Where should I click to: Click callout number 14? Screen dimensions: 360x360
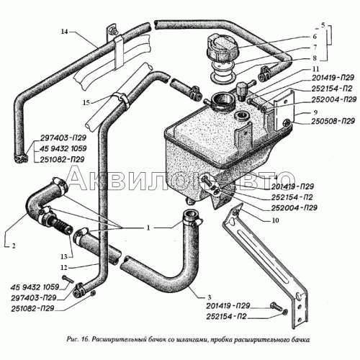pyautogui.click(x=64, y=32)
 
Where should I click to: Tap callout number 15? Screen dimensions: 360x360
pyautogui.click(x=86, y=103)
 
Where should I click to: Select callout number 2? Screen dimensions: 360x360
pyautogui.click(x=14, y=246)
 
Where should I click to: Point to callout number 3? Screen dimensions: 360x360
pyautogui.click(x=210, y=297)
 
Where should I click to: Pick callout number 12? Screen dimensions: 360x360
pyautogui.click(x=64, y=267)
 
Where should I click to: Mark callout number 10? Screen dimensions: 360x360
pyautogui.click(x=275, y=220)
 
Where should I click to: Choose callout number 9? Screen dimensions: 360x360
pyautogui.click(x=315, y=112)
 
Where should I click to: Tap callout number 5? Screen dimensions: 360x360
pyautogui.click(x=323, y=25)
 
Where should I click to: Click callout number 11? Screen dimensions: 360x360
pyautogui.click(x=316, y=69)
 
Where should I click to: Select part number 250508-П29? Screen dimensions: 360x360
pyautogui.click(x=333, y=121)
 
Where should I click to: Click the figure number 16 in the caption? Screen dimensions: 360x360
pyautogui.click(x=86, y=339)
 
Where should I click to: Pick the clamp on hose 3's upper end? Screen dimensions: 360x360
pyautogui.click(x=193, y=220)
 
